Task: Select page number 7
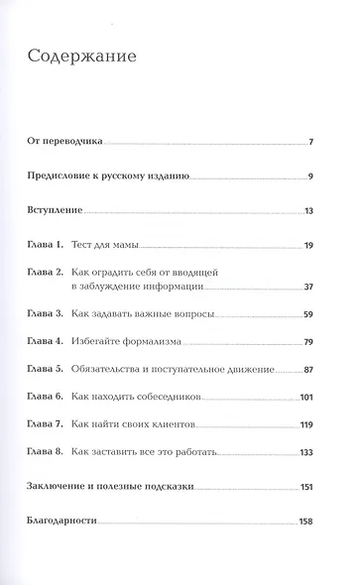tap(310, 143)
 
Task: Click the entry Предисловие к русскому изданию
tap(120, 177)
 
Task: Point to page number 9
tap(310, 177)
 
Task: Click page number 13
tap(308, 212)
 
